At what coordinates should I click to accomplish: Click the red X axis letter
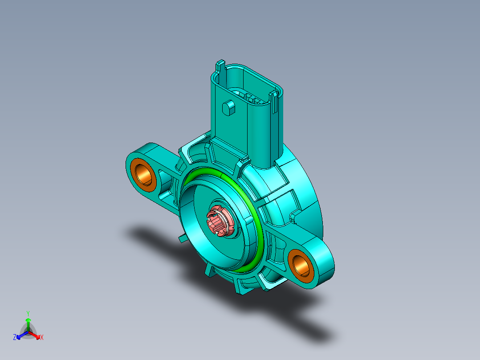tap(42, 338)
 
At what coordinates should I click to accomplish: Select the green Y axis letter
tap(28, 313)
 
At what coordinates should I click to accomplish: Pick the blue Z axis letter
tap(15, 338)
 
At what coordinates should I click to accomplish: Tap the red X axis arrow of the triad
tap(36, 335)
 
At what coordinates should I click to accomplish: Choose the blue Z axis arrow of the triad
tap(20, 335)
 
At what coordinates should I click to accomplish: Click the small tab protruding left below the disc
tap(182, 239)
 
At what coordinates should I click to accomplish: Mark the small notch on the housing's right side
tap(293, 217)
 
